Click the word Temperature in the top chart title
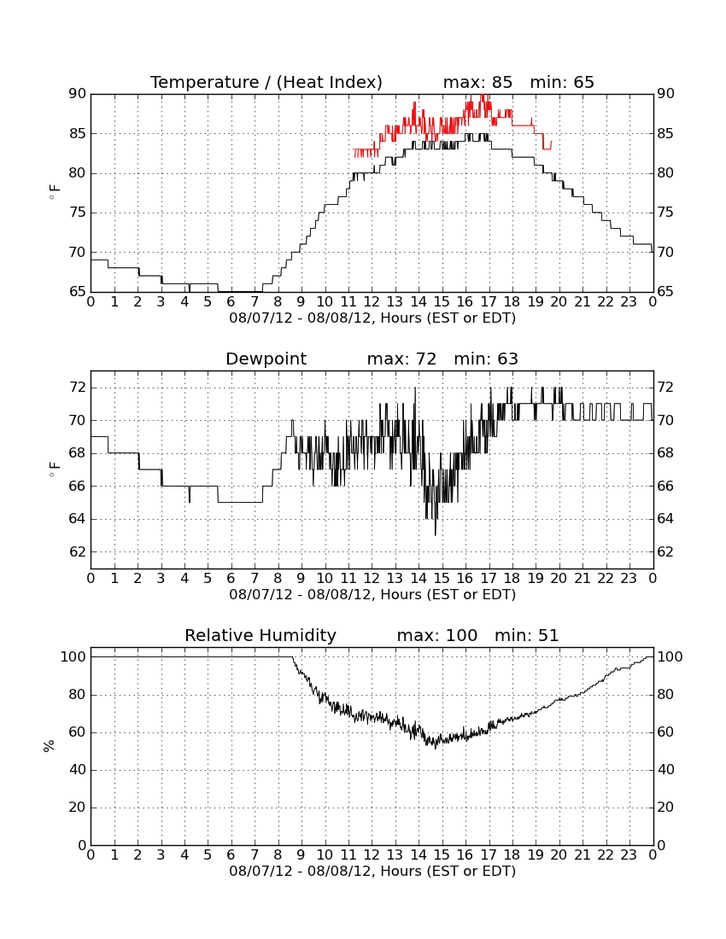205,82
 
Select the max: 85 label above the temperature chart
477,82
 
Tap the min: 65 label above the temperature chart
562,82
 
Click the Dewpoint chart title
266,359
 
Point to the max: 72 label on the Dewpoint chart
401,359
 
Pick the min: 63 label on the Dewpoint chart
486,359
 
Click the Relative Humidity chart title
261,636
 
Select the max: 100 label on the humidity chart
437,635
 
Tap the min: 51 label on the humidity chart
526,635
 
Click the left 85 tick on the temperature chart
78,133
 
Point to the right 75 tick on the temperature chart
665,213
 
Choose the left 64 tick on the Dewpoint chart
78,519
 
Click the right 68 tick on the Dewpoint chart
665,453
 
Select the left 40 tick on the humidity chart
78,769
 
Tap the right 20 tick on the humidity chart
665,808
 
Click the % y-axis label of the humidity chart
49,746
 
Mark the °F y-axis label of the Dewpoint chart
55,469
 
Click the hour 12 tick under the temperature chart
372,302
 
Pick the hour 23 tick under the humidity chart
629,855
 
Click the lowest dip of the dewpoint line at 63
436,534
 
